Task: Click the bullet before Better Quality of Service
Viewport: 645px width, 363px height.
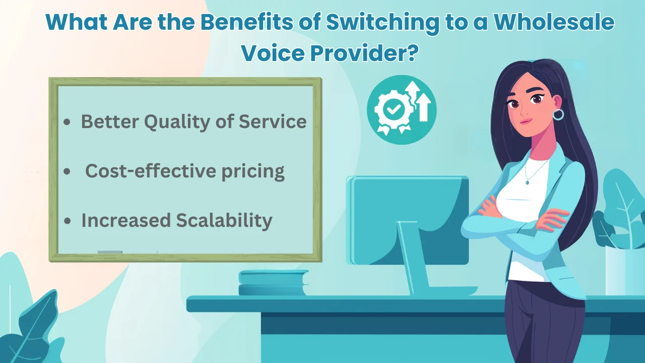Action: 67,123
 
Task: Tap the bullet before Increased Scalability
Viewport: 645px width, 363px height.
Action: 68,222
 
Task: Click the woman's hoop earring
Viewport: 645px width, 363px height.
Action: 558,114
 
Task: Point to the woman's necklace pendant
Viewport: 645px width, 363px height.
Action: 527,181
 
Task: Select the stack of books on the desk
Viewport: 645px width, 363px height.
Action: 273,283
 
